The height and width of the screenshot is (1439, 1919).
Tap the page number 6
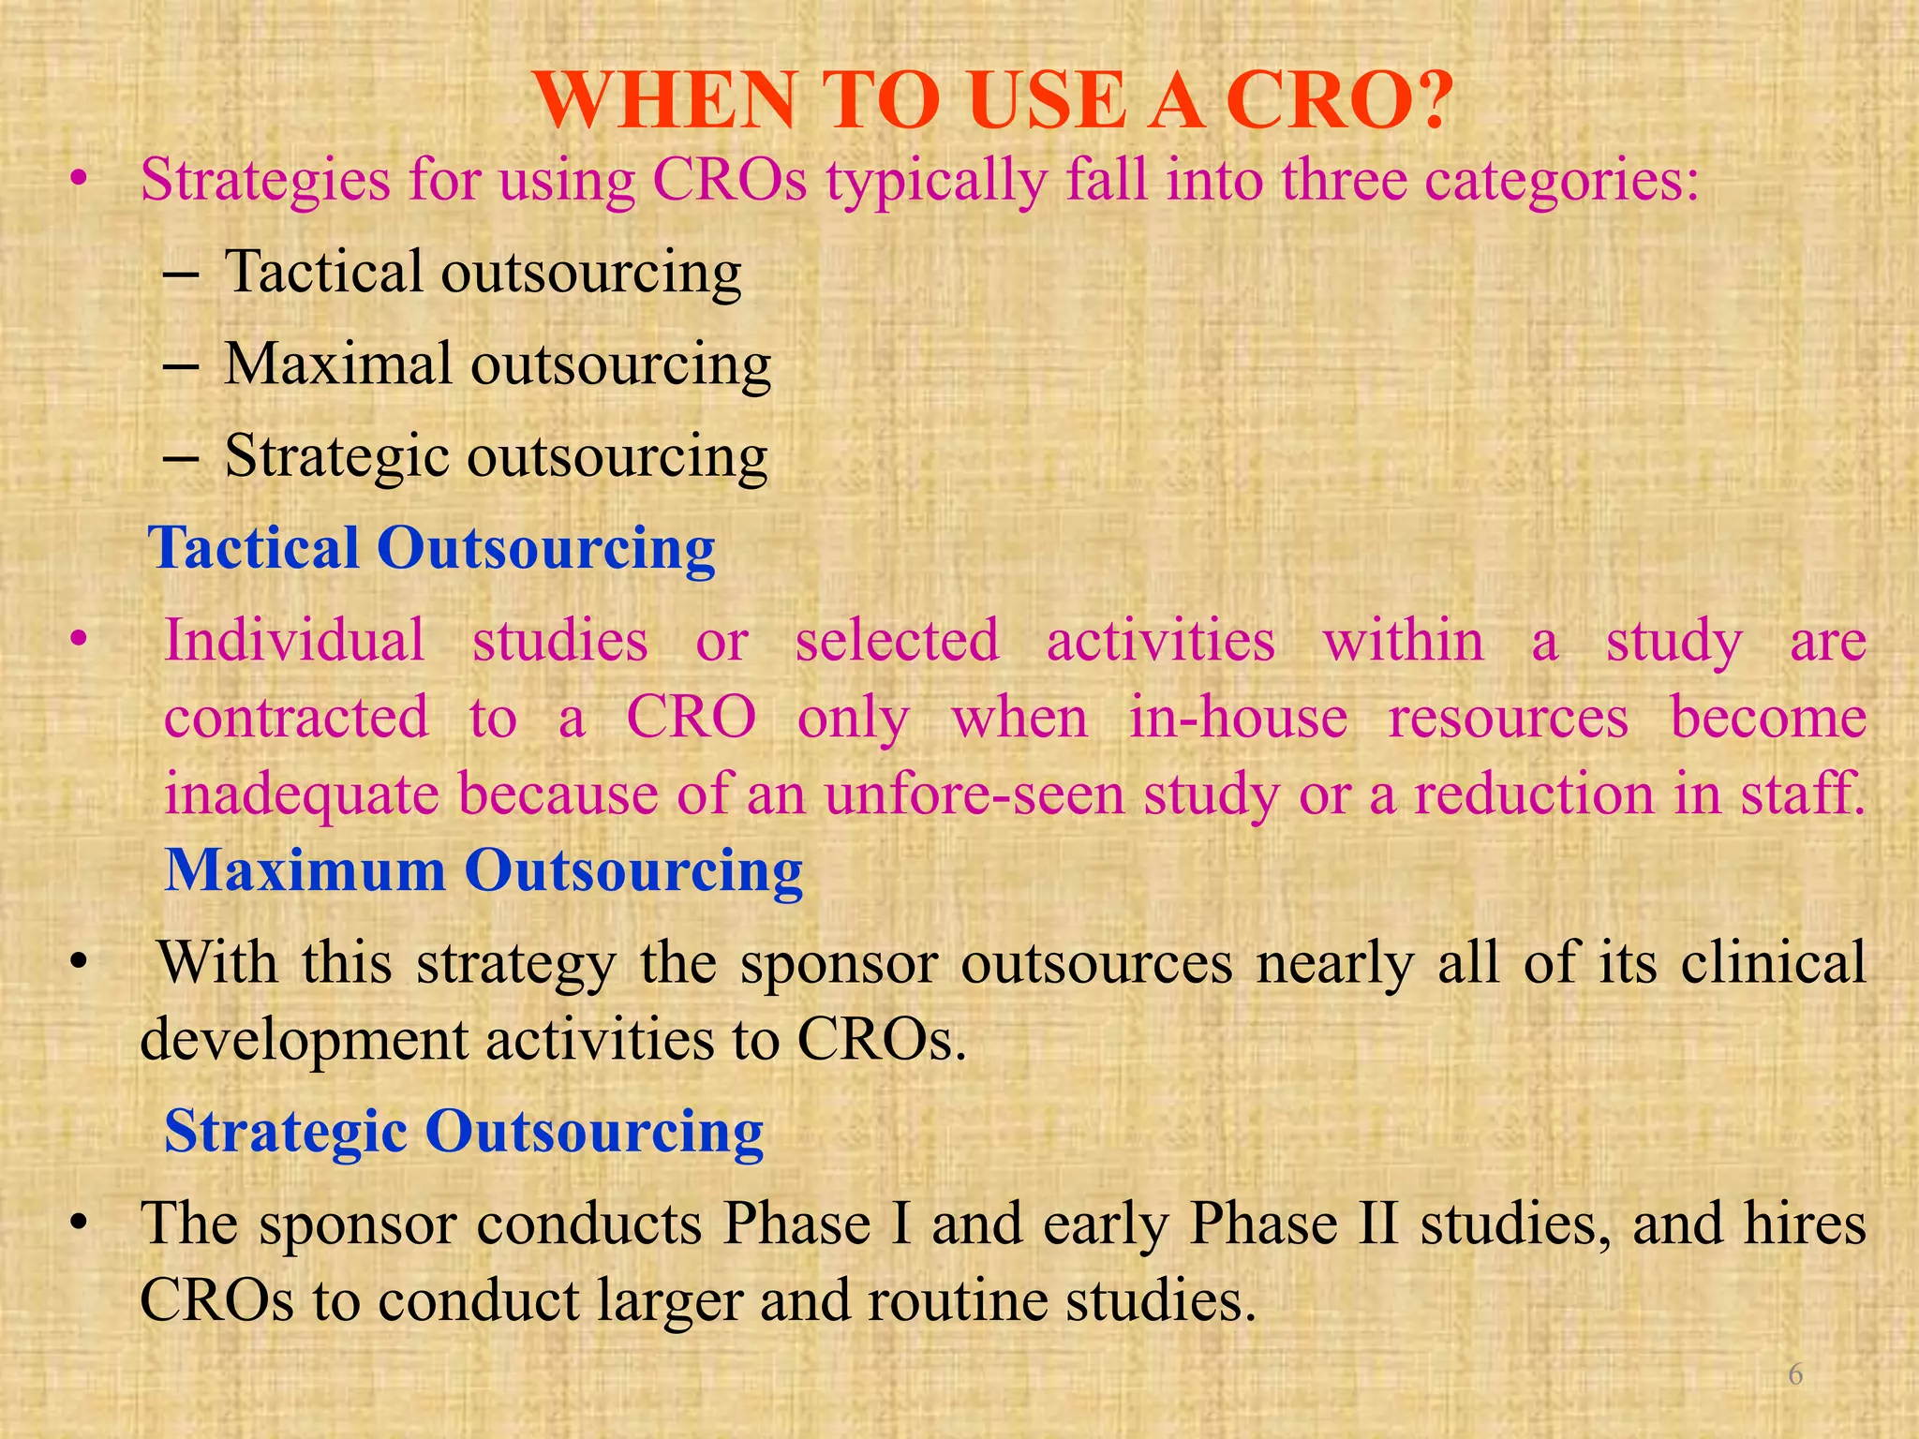click(1795, 1374)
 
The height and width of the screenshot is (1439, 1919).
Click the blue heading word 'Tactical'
click(254, 548)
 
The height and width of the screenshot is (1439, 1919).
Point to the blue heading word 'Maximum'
click(305, 870)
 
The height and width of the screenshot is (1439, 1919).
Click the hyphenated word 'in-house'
click(1238, 718)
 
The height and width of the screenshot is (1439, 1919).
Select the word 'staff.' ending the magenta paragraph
click(1803, 794)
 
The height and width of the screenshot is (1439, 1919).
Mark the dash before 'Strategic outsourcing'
click(179, 458)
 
